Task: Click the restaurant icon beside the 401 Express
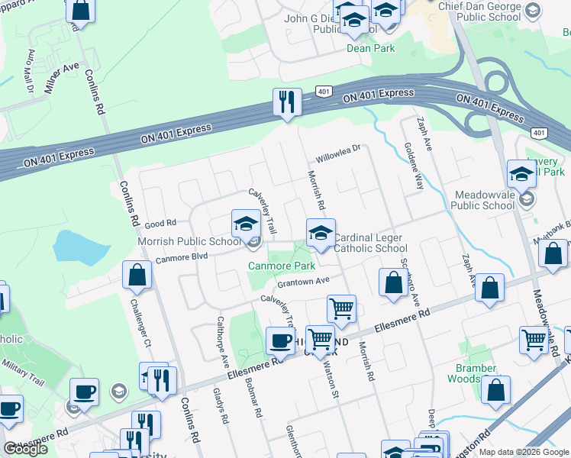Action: click(287, 102)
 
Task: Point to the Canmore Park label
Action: click(281, 266)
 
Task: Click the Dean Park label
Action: click(370, 47)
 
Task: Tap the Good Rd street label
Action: click(160, 223)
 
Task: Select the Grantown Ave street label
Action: click(303, 282)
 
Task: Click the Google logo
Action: click(25, 449)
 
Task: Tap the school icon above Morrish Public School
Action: click(247, 224)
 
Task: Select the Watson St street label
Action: click(334, 385)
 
